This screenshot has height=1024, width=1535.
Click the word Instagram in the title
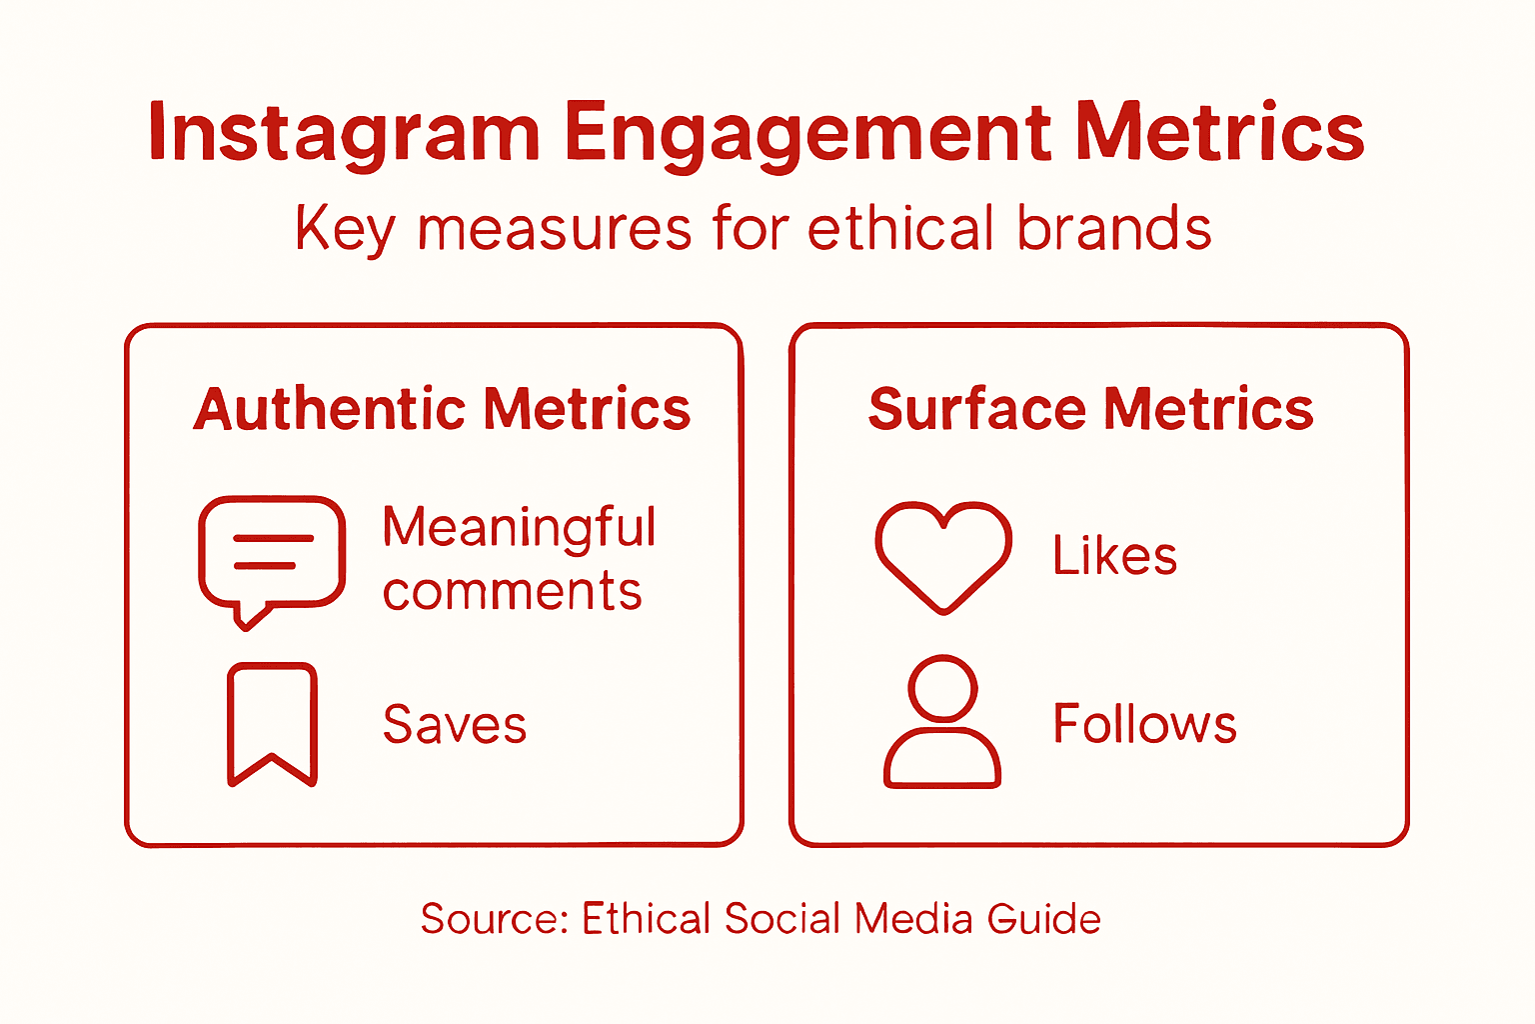343,133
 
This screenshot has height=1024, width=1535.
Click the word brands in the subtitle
1114,228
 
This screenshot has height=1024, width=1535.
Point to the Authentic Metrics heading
442,409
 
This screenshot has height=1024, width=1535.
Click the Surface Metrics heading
1090,409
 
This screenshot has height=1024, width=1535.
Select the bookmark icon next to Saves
272,723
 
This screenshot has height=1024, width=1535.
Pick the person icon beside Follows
942,722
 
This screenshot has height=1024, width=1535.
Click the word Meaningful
519,527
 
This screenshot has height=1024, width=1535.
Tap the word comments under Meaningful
512,591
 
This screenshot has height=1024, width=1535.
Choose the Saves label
455,724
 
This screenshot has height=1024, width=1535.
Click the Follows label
1145,724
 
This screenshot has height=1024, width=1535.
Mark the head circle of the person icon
942,687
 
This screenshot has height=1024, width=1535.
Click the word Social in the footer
782,918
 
